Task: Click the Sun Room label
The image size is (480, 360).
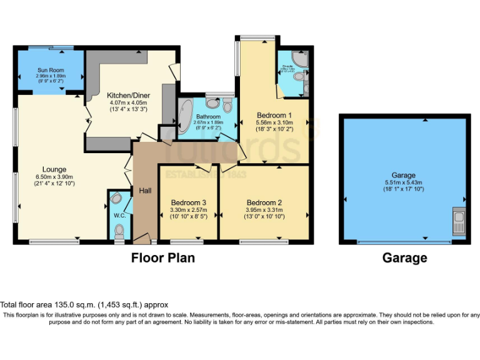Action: (x=51, y=71)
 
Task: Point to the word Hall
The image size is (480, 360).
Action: (x=145, y=191)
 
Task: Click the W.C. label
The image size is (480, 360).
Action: (x=119, y=216)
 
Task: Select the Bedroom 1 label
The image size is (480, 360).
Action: (x=274, y=116)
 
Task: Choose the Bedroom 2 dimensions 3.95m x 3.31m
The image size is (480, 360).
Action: (x=264, y=211)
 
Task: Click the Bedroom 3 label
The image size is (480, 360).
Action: (x=188, y=203)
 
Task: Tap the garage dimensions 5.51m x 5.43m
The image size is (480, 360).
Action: (x=404, y=182)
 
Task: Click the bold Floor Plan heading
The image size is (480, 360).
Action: (x=162, y=257)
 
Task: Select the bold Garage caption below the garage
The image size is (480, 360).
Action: (x=404, y=257)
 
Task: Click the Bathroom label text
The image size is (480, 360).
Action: (x=208, y=116)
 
